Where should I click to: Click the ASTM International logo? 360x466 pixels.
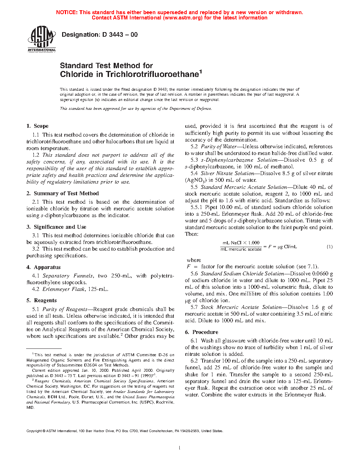[42, 39]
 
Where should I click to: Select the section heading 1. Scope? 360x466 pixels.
[37, 126]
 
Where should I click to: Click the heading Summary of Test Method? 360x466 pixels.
[66, 193]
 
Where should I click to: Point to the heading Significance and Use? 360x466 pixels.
[60, 227]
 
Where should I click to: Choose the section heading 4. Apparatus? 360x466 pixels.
[43, 267]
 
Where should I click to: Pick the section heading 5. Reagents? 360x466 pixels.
[42, 300]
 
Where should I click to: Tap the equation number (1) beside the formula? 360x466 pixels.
[329, 247]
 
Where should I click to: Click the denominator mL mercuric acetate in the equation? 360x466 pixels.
[241, 250]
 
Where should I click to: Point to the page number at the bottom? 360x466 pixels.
[180, 448]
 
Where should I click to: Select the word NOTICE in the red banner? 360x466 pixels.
[66, 12]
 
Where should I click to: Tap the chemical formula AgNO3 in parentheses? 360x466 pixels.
[193, 180]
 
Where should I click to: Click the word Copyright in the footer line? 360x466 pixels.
[34, 431]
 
